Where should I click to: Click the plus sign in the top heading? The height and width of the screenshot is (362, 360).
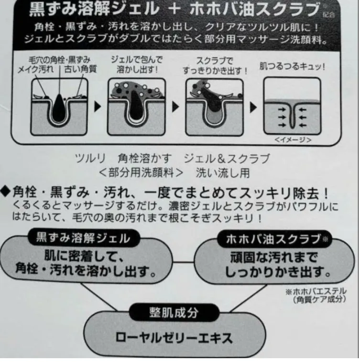[175, 9]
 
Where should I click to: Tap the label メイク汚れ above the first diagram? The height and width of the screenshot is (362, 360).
[35, 69]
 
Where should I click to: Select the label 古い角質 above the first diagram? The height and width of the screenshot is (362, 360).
[80, 69]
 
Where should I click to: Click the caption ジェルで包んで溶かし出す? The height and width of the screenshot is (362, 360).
[137, 64]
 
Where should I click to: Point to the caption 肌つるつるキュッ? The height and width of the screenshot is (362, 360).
[292, 67]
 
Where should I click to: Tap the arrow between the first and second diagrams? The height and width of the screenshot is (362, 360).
[98, 106]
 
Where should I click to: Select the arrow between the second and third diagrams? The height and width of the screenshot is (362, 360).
[175, 106]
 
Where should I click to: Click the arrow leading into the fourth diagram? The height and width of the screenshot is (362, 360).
[253, 107]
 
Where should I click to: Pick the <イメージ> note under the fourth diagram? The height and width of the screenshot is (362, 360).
[293, 139]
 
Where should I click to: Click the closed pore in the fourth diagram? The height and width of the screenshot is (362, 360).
[292, 116]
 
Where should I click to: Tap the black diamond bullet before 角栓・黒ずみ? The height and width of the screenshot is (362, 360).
[5, 192]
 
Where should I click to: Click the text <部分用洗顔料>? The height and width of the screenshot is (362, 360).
[141, 173]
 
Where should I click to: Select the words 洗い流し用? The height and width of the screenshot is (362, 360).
[223, 173]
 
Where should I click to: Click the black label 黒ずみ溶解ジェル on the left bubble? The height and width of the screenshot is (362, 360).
[84, 238]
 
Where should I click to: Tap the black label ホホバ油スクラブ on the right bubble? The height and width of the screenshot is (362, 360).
[274, 239]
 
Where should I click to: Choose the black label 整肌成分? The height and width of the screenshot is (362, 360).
[174, 312]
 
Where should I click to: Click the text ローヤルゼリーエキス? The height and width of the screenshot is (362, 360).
[174, 338]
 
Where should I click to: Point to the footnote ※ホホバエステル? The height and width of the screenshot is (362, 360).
[316, 291]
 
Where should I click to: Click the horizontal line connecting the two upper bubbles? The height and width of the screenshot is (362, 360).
[183, 262]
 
